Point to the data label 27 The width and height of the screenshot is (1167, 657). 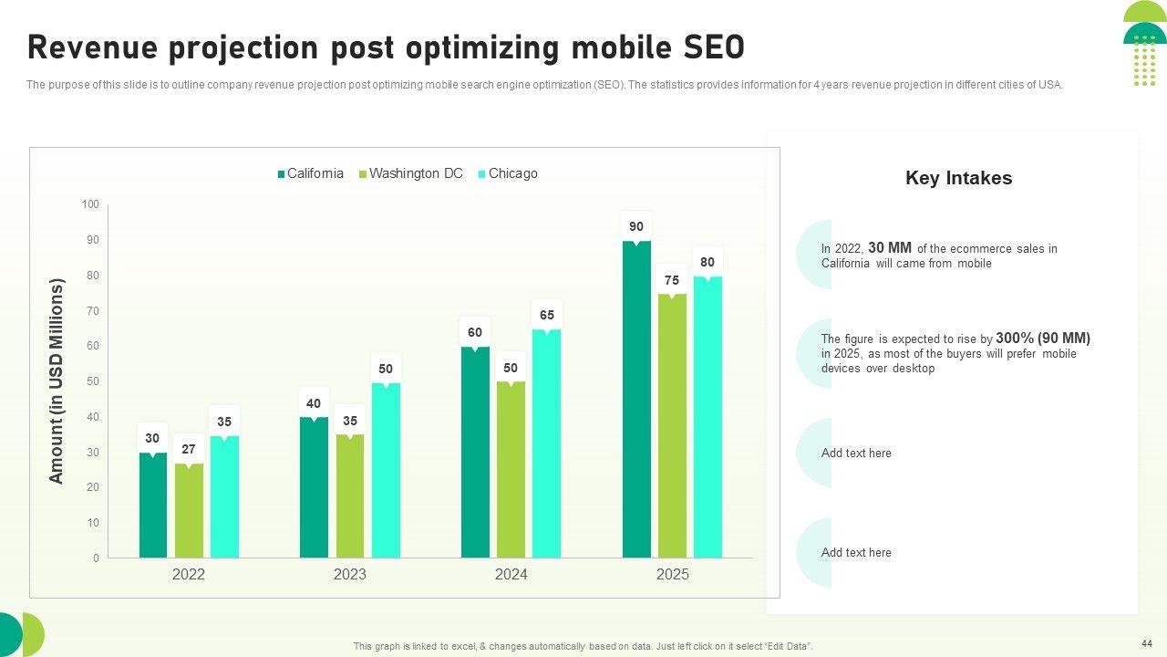(189, 450)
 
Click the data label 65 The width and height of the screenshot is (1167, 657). (546, 316)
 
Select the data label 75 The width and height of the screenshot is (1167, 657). (672, 281)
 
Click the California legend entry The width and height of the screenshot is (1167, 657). (315, 173)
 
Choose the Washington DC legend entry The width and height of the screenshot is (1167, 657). (416, 173)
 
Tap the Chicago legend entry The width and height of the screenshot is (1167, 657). (512, 173)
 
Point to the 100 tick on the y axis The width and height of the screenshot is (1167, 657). (90, 204)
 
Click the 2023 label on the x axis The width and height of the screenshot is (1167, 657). (350, 575)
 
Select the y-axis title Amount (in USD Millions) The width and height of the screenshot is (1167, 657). (57, 381)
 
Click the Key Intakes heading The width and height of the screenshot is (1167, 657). (958, 178)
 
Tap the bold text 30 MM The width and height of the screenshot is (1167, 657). (890, 247)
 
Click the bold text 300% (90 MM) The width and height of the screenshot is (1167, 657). (1043, 338)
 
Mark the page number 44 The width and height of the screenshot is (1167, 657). (1146, 642)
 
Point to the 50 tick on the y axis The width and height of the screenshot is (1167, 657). (92, 381)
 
